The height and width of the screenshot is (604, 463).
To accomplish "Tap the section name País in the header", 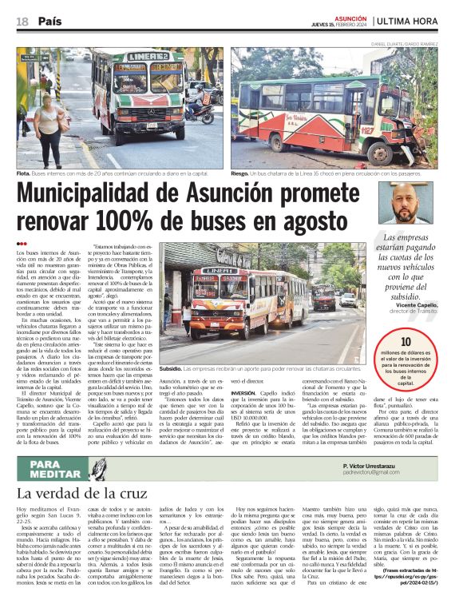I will [x=49, y=20].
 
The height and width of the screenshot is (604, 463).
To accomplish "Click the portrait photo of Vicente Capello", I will [x=420, y=205].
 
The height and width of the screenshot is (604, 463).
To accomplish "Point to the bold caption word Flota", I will [x=25, y=172].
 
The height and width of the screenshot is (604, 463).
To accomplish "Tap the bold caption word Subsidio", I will [x=170, y=369].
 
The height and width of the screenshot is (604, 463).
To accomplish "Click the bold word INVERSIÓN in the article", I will [x=244, y=394].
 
